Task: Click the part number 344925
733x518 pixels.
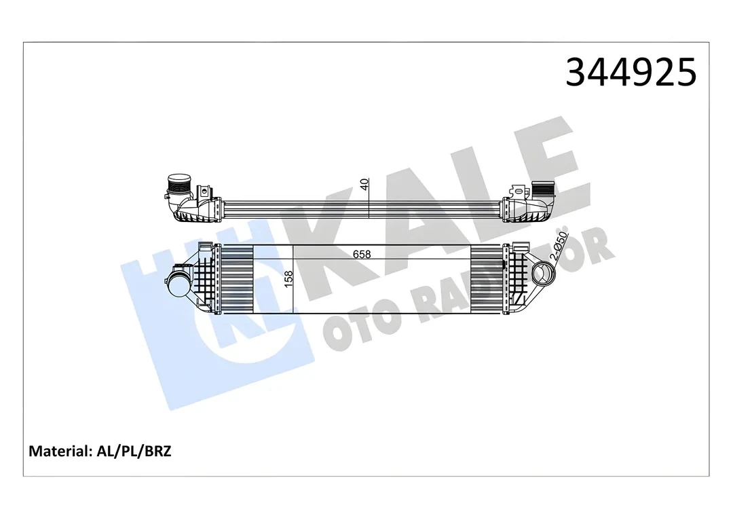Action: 631,72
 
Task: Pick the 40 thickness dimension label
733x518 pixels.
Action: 364,184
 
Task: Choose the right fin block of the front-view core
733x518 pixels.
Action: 487,278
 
